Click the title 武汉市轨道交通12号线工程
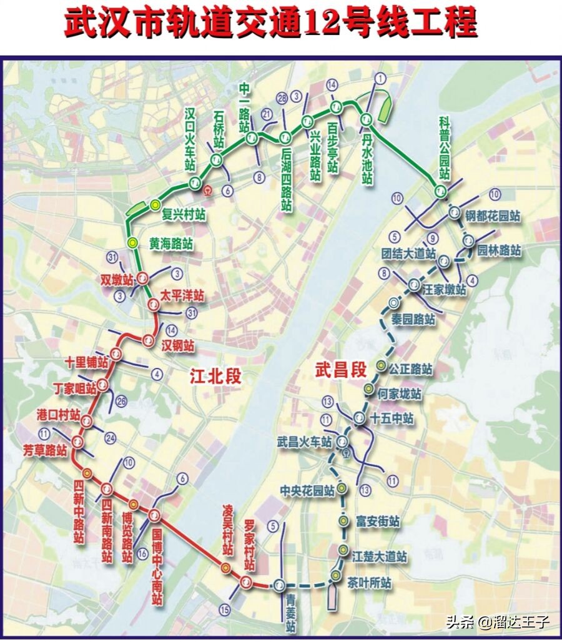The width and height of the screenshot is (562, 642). pyautogui.click(x=271, y=24)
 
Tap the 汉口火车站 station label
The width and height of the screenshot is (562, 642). pyautogui.click(x=191, y=139)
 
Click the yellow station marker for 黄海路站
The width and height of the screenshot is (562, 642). pyautogui.click(x=132, y=242)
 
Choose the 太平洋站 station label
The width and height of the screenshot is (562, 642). pyautogui.click(x=182, y=295)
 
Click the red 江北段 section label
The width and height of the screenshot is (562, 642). pyautogui.click(x=215, y=376)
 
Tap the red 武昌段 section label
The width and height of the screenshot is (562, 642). pyautogui.click(x=340, y=370)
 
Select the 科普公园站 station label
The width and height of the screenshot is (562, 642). pyautogui.click(x=444, y=148)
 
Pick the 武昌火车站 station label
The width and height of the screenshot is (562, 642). pyautogui.click(x=305, y=442)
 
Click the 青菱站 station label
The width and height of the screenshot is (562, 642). pyautogui.click(x=290, y=613)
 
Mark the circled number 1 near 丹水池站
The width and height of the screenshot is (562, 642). pyautogui.click(x=380, y=79)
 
